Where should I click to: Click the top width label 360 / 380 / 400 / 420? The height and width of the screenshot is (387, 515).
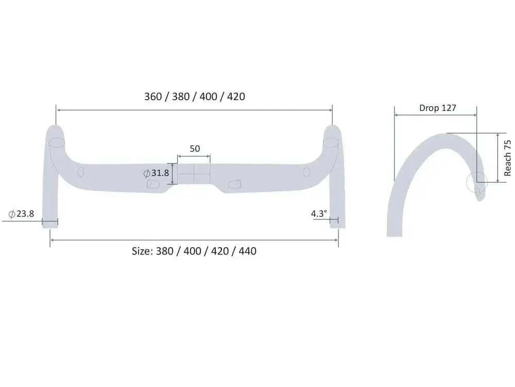(x=194, y=96)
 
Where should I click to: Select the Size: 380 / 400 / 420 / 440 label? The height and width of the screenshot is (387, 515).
(x=194, y=251)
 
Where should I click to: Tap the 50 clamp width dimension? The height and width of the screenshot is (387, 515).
(x=194, y=149)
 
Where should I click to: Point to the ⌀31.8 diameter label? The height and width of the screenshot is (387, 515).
(x=156, y=173)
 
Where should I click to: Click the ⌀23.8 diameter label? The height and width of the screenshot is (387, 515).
(x=21, y=213)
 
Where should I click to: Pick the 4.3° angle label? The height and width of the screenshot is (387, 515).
(x=319, y=213)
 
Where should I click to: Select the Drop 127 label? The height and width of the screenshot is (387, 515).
(x=437, y=108)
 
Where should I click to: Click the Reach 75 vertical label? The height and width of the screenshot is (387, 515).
(x=508, y=158)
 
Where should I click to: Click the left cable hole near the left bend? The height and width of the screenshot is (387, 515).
(x=81, y=172)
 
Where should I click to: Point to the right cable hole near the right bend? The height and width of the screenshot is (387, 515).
(x=306, y=172)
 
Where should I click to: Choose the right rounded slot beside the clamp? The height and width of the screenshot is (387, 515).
(x=234, y=184)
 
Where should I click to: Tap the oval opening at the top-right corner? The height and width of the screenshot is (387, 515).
(x=331, y=142)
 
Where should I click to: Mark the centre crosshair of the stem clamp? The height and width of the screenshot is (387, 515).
(x=194, y=174)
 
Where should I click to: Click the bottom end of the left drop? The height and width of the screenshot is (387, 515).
(x=50, y=226)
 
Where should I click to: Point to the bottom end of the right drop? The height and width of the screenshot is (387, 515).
(x=338, y=226)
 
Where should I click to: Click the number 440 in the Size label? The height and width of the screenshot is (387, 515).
(x=247, y=251)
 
